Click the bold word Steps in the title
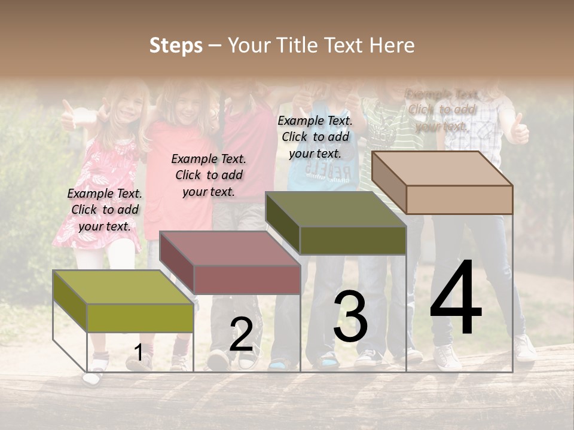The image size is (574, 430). point(176,45)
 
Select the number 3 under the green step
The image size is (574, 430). point(350,317)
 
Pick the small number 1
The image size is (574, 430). point(138,353)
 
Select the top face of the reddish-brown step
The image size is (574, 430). point(230,248)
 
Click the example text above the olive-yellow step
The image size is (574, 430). point(105,210)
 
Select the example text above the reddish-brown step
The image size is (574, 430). point(209,175)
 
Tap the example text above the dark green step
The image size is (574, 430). point(315,137)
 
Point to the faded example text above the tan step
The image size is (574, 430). point(442,110)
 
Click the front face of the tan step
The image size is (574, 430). point(459,199)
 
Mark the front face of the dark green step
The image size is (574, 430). point(353,240)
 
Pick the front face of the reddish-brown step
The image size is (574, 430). point(247,279)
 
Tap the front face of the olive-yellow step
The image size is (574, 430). point(141,317)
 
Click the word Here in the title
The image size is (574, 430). point(392,45)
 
